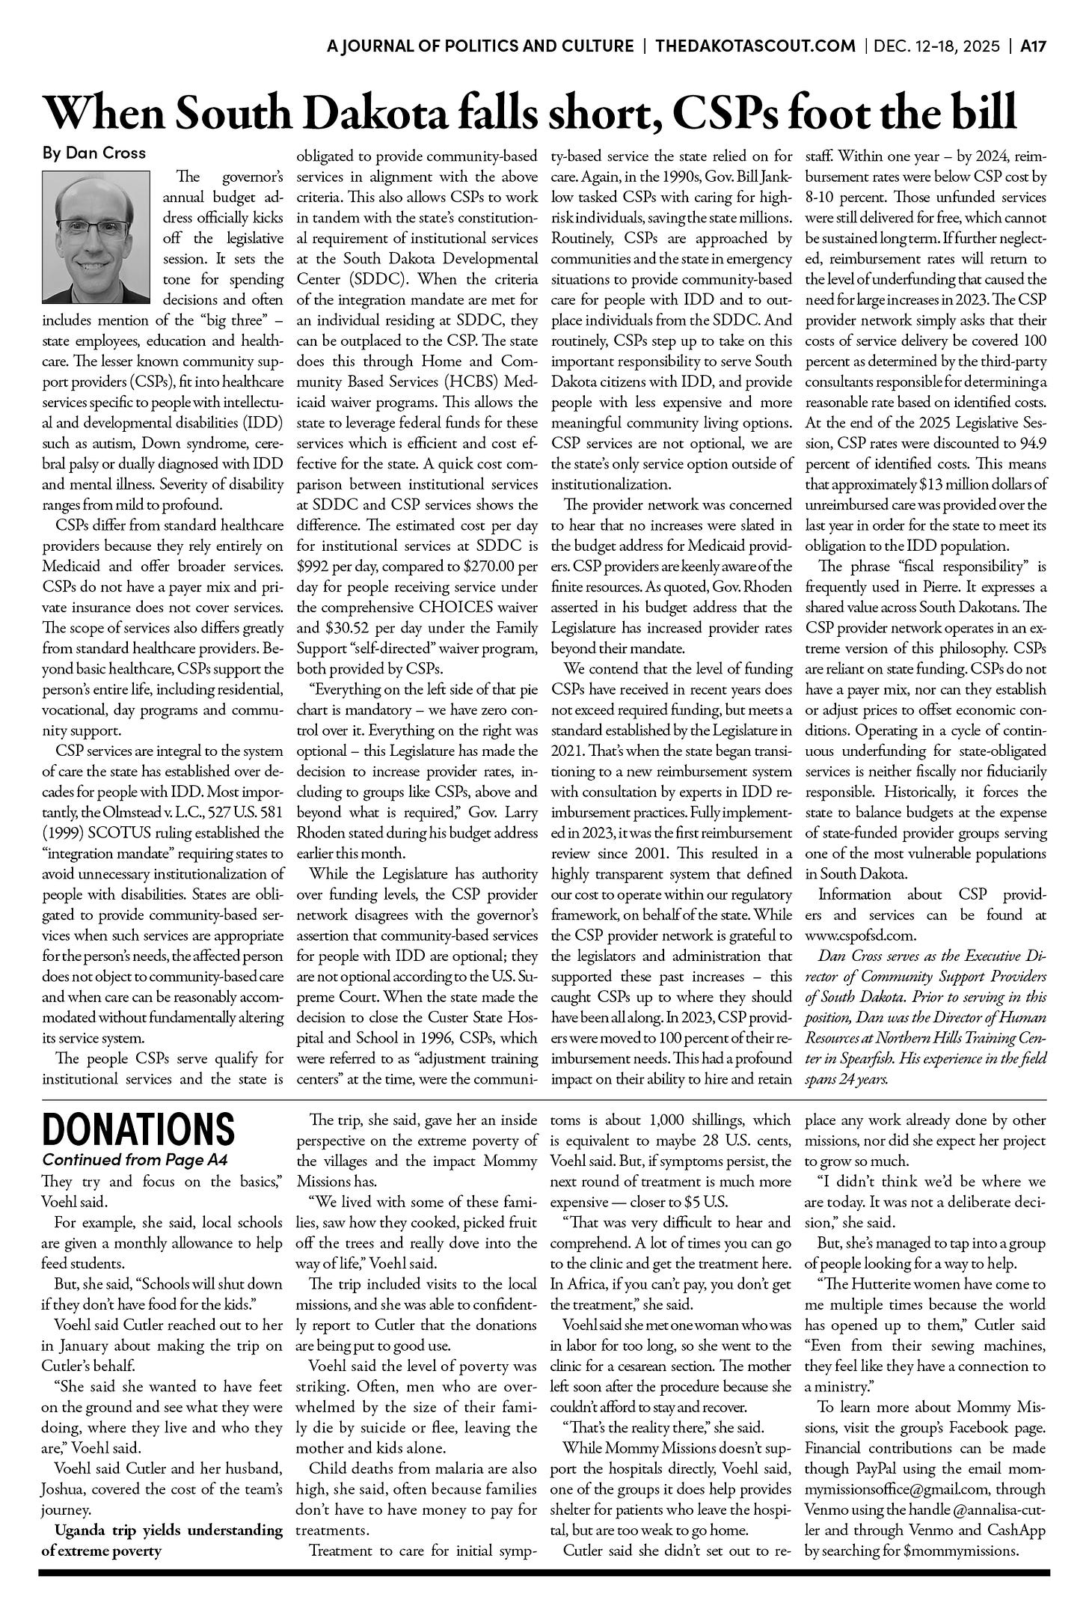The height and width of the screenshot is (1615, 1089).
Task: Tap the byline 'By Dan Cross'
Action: [93, 153]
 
